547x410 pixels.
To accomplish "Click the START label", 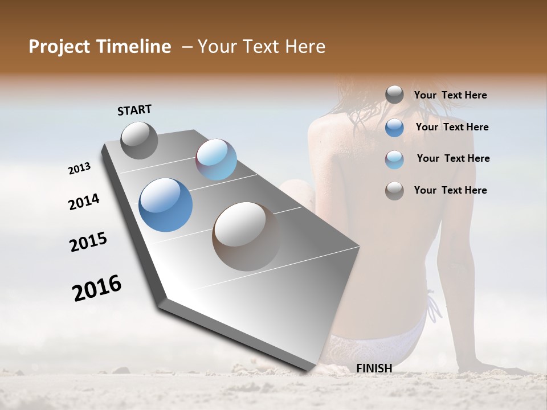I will [134, 110].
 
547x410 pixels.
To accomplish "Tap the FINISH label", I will [374, 368].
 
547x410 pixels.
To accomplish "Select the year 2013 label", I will [79, 169].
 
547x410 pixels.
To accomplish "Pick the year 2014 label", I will [84, 202].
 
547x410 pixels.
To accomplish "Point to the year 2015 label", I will [88, 242].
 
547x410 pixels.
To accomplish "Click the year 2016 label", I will [97, 288].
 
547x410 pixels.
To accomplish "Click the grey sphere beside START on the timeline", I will [139, 140].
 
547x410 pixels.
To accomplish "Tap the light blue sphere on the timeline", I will [216, 159].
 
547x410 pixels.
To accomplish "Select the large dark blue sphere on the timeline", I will [165, 205].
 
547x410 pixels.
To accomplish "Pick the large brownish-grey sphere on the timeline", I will [246, 236].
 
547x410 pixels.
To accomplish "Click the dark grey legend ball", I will [394, 95].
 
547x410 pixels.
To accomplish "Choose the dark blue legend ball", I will [394, 128].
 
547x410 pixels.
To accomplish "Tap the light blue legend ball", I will [394, 159].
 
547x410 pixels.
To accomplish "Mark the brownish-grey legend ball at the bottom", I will [394, 191].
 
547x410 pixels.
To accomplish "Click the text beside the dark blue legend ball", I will [452, 127].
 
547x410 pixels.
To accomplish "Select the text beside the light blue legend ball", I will [453, 158].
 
